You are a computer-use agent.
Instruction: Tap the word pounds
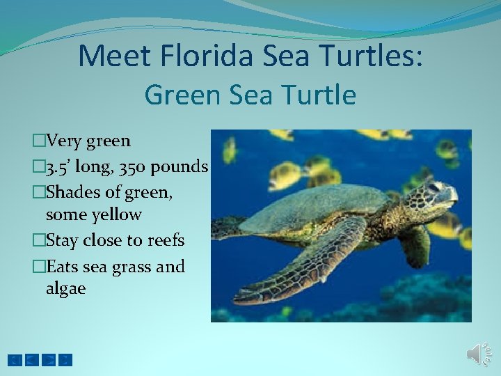[183, 167]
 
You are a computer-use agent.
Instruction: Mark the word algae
[65, 288]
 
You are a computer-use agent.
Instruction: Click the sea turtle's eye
[433, 187]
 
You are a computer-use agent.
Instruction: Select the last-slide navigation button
[65, 360]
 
